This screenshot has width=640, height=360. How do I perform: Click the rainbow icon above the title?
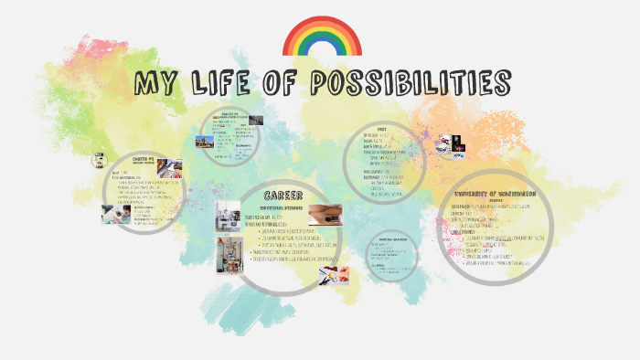point(323,36)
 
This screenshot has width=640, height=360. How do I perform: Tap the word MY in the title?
point(155,85)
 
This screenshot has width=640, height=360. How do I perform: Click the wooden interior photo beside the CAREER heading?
point(325,214)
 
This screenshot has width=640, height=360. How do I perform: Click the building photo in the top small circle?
point(203,143)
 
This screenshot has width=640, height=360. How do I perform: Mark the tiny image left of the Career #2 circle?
point(99,160)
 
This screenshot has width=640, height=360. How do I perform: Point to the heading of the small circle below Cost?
point(392,239)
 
